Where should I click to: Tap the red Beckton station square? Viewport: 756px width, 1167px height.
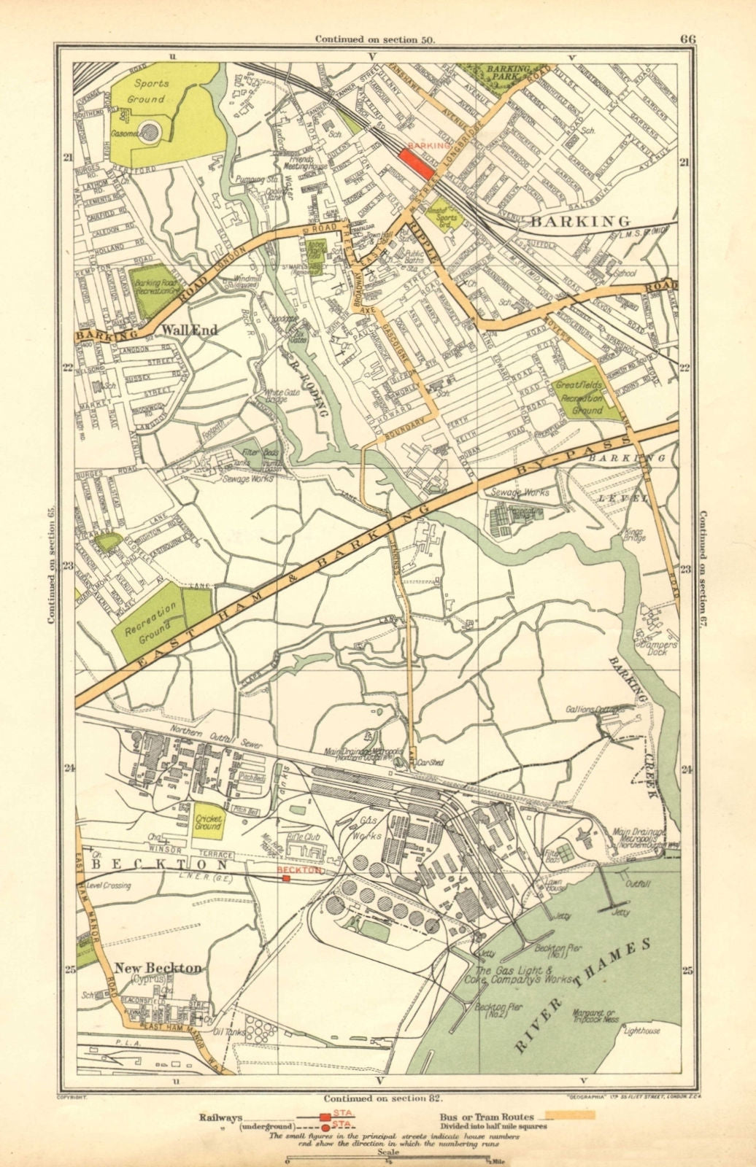coord(286,879)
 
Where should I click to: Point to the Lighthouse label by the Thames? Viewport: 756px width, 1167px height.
coord(642,1031)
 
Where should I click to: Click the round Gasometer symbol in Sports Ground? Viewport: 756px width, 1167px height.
coord(150,131)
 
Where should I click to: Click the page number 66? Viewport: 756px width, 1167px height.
coord(687,39)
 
